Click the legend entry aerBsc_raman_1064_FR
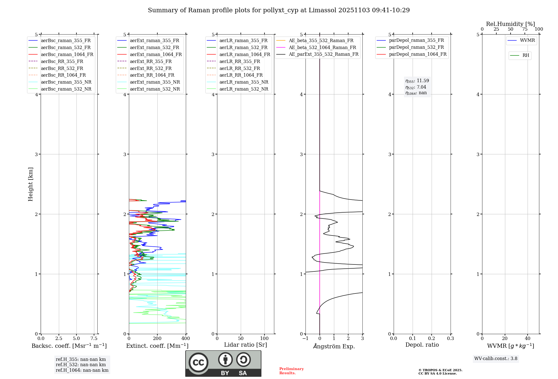coord(67,55)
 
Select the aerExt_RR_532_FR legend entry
coord(151,69)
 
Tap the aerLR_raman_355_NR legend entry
coord(244,82)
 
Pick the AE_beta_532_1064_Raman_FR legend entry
coord(322,48)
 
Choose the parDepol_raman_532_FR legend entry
coord(416,47)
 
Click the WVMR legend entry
coord(527,41)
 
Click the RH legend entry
coord(526,55)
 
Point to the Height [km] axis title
coord(30,184)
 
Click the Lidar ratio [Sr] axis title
coord(246,345)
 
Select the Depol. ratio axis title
coord(422,345)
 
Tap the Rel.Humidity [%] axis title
coord(510,24)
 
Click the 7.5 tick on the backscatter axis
coord(94,339)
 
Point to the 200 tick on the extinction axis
coord(157,339)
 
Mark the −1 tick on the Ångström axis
coord(305,339)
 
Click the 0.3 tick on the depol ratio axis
coord(450,339)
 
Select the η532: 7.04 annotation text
coord(416,87)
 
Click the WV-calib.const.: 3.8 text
coord(496,359)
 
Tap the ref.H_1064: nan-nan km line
coord(82,370)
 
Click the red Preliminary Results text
coord(291,371)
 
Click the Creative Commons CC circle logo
coord(198,363)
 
